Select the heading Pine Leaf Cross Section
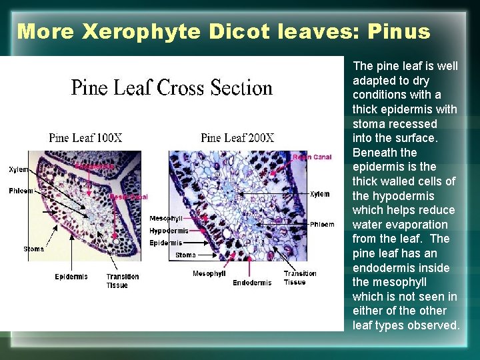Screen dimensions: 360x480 pyautogui.click(x=172, y=88)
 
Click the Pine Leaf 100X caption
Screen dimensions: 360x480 pyautogui.click(x=85, y=138)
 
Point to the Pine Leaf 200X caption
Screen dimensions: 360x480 pyautogui.click(x=237, y=138)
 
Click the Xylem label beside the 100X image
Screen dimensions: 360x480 pyautogui.click(x=19, y=170)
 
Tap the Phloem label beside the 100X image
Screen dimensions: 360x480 pyautogui.click(x=21, y=191)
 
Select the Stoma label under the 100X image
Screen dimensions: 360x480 pyautogui.click(x=33, y=249)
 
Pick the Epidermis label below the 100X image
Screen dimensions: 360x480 pyautogui.click(x=71, y=277)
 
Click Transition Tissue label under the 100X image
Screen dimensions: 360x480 pyautogui.click(x=123, y=281)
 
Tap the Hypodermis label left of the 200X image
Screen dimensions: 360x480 pyautogui.click(x=169, y=231)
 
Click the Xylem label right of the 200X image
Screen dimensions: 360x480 pyautogui.click(x=319, y=194)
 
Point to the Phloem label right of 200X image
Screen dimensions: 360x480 pyautogui.click(x=322, y=225)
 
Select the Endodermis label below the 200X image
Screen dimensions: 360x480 pyautogui.click(x=252, y=283)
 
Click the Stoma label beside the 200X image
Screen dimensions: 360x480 pyautogui.click(x=185, y=255)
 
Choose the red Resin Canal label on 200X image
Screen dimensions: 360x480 pyautogui.click(x=313, y=157)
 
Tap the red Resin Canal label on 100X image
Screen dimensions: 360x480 pyautogui.click(x=129, y=197)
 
